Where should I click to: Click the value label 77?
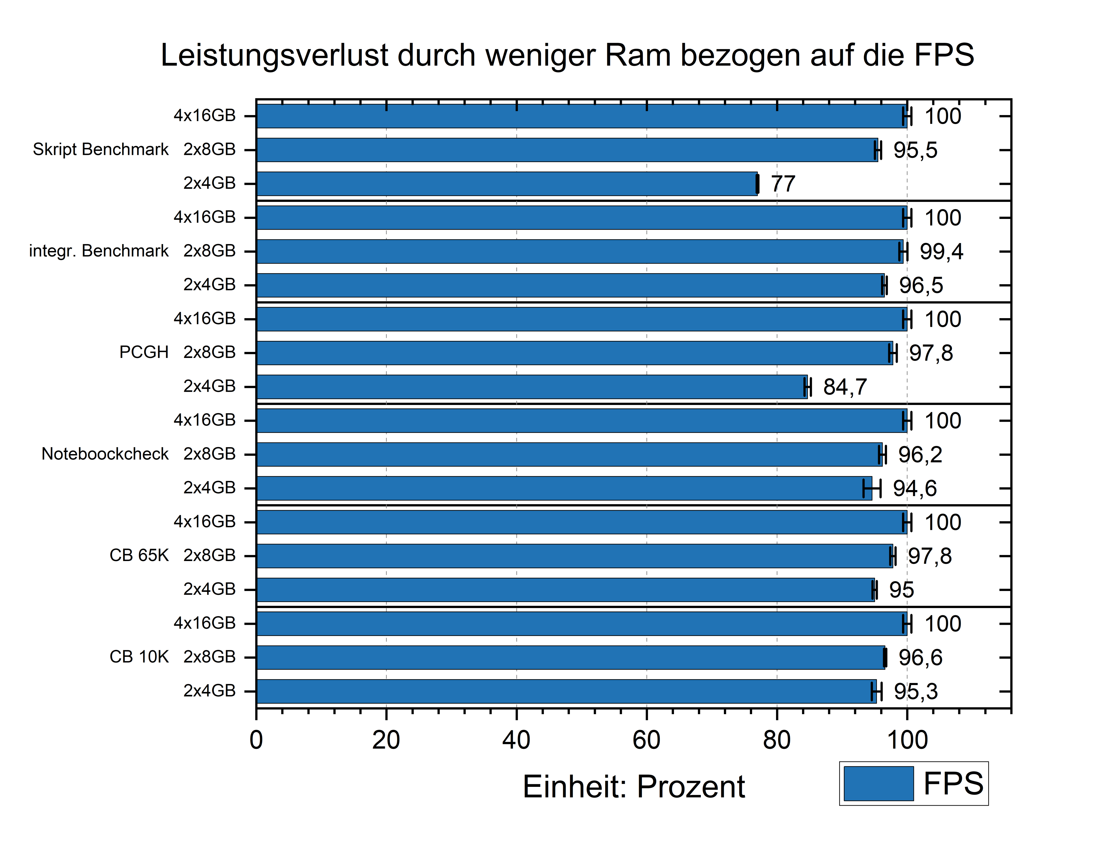tap(783, 184)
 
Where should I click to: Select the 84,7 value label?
tap(845, 387)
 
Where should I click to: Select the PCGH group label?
tap(144, 352)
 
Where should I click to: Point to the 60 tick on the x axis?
tap(646, 740)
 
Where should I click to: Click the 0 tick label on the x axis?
tap(256, 740)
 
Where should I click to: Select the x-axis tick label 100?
tap(907, 740)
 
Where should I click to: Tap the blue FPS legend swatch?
tap(878, 783)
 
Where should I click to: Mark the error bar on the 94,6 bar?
tap(872, 489)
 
